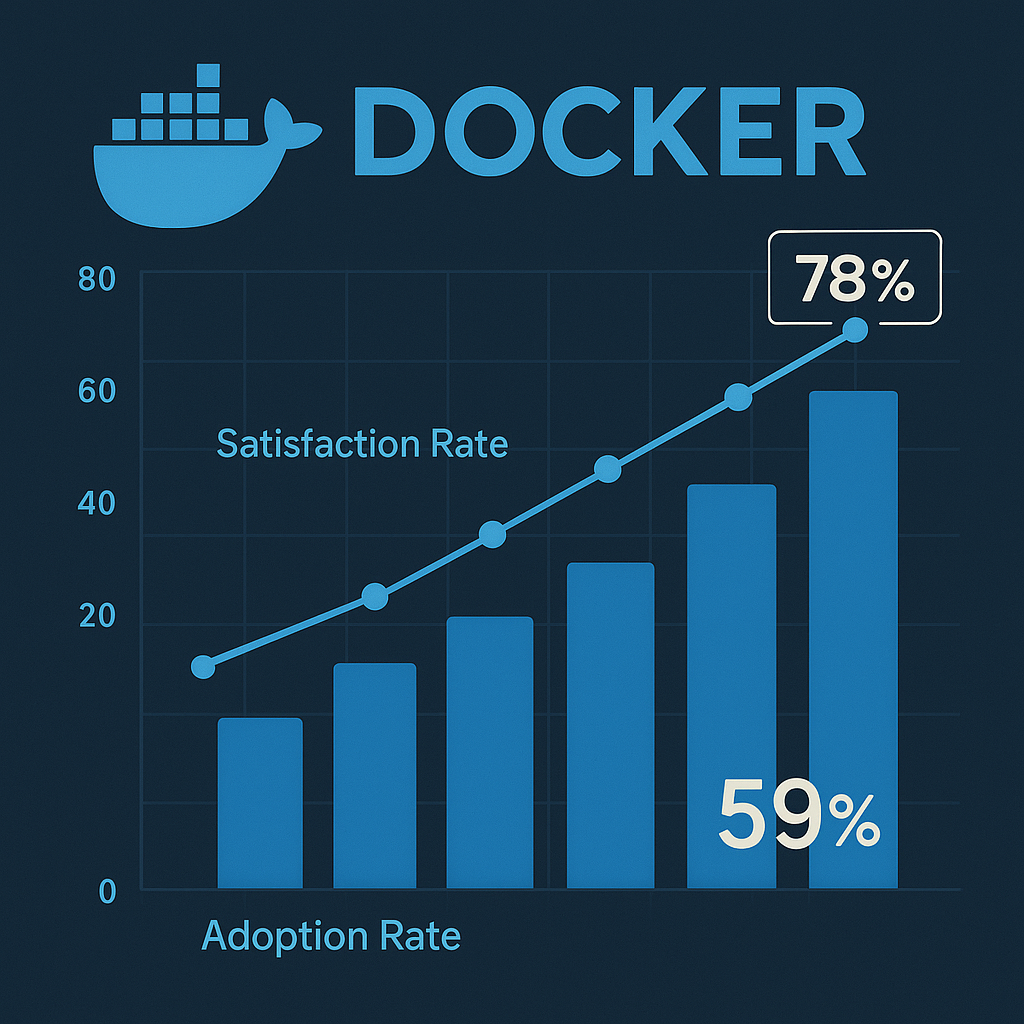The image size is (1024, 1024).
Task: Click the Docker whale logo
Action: (190, 160)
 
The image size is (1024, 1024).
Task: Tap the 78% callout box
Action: (854, 277)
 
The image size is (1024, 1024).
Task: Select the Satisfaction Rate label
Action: (362, 443)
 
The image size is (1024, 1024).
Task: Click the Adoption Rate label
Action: (331, 936)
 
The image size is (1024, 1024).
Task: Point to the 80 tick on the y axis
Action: (97, 280)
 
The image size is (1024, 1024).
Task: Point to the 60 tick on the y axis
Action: (97, 391)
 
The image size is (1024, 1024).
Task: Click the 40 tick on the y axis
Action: (97, 503)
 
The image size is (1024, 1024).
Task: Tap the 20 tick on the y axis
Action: (97, 617)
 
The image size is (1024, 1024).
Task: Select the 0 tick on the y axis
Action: (107, 891)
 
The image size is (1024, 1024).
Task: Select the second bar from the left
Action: (374, 776)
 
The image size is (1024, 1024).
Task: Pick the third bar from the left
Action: (489, 752)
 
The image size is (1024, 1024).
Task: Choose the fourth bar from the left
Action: (610, 725)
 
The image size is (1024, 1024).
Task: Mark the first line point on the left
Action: (203, 666)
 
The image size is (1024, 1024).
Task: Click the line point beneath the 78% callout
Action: (855, 330)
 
